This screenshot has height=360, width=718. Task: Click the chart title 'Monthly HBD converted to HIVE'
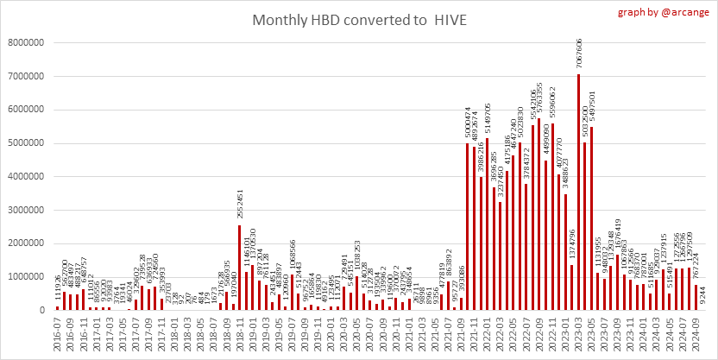pos(358,19)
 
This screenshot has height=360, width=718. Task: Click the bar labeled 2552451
pos(240,267)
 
